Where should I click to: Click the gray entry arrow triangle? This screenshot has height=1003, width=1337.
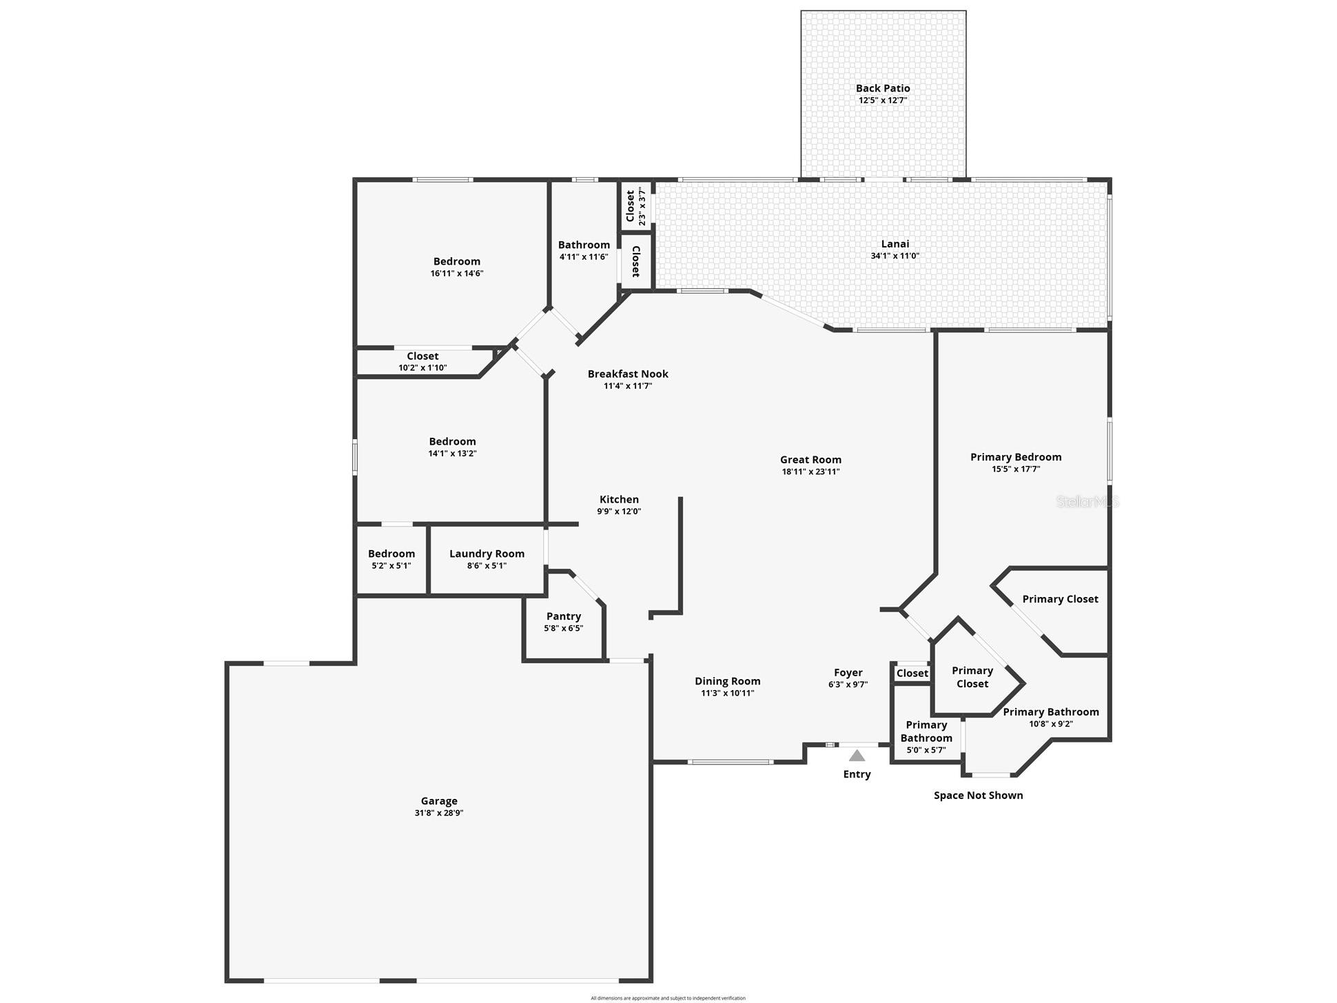coord(857,756)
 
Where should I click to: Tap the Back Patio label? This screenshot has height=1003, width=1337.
coord(883,88)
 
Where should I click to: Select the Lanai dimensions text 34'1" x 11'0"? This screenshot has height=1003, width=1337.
coord(895,256)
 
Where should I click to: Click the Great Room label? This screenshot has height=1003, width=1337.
coord(810,460)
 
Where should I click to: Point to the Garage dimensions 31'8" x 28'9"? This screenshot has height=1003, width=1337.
coord(439,813)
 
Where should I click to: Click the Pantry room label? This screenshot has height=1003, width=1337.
coord(564,616)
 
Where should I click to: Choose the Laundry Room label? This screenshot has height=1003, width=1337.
coord(487,554)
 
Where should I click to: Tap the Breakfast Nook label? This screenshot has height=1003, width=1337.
coord(628,374)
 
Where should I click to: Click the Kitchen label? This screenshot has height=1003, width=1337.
coord(619,500)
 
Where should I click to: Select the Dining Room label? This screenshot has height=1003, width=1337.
coord(727,681)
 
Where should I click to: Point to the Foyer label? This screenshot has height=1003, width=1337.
coord(848,673)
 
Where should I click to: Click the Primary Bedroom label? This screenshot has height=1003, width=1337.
coord(1016,457)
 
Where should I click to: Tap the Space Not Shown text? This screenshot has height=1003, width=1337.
coord(978,796)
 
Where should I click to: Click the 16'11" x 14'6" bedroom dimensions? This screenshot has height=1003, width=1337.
coord(457,273)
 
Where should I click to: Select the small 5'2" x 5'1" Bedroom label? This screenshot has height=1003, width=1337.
coord(391,554)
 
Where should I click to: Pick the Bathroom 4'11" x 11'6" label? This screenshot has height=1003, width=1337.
coord(584,245)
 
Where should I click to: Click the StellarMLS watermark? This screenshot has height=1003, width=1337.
coord(1088,502)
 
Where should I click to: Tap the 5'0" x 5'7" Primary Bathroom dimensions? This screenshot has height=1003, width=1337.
coord(926,750)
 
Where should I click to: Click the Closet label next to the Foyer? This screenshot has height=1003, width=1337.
coord(912,673)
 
